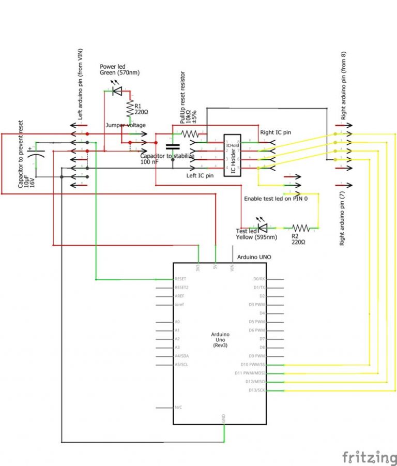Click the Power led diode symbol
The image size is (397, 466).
pos(116,91)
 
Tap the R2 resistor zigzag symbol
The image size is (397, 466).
pos(301,228)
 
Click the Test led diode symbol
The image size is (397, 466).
pos(262,227)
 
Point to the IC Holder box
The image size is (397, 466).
pos(232,155)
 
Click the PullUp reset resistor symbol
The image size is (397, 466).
pos(189,133)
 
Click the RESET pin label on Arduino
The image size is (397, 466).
pos(180,279)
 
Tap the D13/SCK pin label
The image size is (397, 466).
pos(256,390)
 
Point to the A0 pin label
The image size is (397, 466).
pos(177,322)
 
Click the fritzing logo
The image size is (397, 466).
pos(369,456)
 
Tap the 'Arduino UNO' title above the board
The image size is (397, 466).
pos(254,257)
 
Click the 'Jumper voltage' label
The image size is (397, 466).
pos(126,125)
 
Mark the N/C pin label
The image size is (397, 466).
pos(178,408)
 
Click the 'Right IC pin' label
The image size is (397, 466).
pos(276,132)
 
